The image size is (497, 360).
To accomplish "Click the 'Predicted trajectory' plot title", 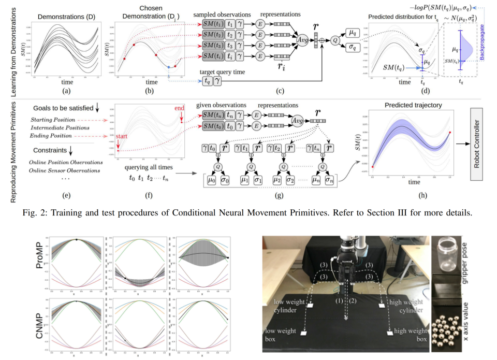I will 413,106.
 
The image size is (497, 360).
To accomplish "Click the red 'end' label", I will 179,108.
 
